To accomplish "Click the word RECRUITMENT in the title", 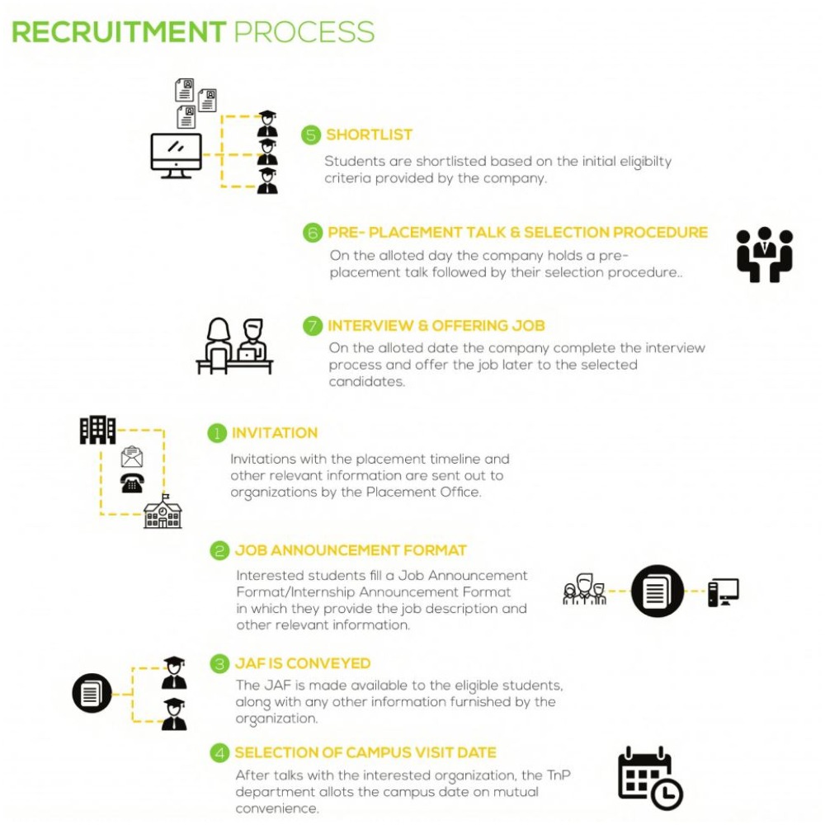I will click(x=119, y=31).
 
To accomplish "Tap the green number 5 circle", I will click(x=311, y=135).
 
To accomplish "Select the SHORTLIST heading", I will click(x=369, y=135).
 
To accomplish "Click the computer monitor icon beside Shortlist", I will click(x=176, y=155).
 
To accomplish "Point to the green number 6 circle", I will click(x=313, y=233).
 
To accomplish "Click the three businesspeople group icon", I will click(x=764, y=254).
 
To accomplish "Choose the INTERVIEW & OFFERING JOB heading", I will click(x=436, y=326).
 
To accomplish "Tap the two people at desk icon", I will click(x=234, y=346).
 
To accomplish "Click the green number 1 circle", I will click(x=216, y=433).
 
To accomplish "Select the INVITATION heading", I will click(x=275, y=433).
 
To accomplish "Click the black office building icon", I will click(x=97, y=430).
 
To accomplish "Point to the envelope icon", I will click(x=132, y=456).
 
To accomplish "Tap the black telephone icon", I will click(x=132, y=483).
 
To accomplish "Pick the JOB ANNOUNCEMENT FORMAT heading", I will click(x=351, y=550).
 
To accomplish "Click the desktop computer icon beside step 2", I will click(x=723, y=592).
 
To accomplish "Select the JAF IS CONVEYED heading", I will click(x=302, y=663).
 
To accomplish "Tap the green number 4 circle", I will click(x=219, y=752).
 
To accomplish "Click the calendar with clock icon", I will click(x=650, y=778).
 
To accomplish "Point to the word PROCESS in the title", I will click(x=304, y=31).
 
